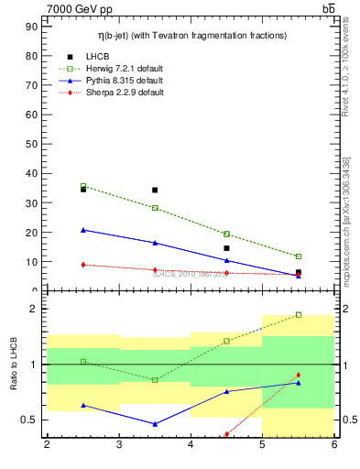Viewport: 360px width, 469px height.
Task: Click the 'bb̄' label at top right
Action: [328, 8]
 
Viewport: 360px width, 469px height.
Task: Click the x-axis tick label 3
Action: [118, 444]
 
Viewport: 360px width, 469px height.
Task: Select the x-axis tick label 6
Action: [334, 444]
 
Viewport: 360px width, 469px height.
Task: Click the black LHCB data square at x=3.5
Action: [155, 191]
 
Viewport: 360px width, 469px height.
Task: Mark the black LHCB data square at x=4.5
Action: [226, 248]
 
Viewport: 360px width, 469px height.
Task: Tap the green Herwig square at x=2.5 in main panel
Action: [83, 186]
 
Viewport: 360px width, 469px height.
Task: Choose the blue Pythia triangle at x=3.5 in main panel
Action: [155, 243]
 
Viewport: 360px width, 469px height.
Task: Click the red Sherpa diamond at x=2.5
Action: [83, 265]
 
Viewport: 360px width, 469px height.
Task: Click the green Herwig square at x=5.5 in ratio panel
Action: [299, 315]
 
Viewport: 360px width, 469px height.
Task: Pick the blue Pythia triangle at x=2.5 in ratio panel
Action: [83, 405]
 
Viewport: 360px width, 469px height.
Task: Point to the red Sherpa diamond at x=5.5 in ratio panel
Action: [299, 375]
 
